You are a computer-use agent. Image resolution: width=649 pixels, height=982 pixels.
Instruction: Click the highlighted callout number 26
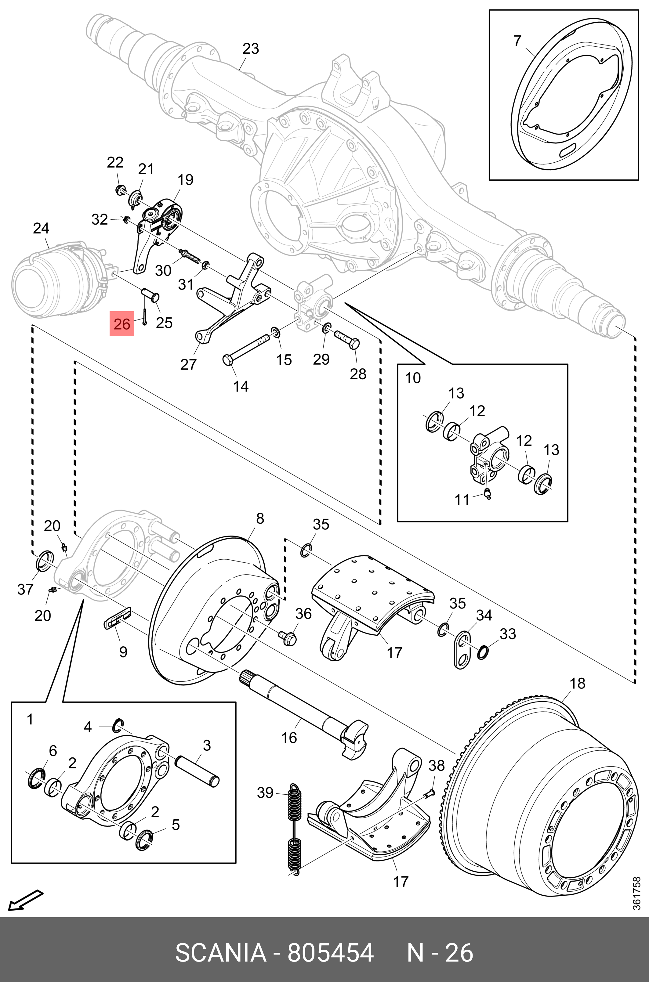point(122,323)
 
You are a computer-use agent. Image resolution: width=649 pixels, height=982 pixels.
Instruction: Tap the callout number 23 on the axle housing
point(250,49)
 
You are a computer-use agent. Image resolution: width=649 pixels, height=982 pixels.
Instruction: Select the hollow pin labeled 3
point(198,771)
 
